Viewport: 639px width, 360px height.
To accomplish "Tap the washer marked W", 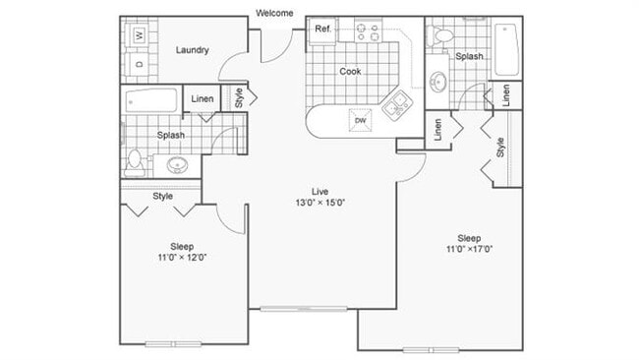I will (x=139, y=35).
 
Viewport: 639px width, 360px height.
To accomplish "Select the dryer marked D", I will (x=139, y=63).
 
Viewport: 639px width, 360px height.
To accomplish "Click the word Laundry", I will (x=191, y=49).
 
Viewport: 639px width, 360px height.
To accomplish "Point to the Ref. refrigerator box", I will (x=322, y=30).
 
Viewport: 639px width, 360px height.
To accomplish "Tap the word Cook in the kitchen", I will (x=350, y=71).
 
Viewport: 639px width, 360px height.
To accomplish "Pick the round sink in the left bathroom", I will (x=178, y=163).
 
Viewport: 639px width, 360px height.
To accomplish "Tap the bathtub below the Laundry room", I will (x=151, y=100).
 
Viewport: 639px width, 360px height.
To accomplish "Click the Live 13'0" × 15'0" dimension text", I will (x=319, y=197).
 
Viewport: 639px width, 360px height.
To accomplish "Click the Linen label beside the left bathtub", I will (x=203, y=98).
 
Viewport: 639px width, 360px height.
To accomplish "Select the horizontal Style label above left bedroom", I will (x=163, y=196).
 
